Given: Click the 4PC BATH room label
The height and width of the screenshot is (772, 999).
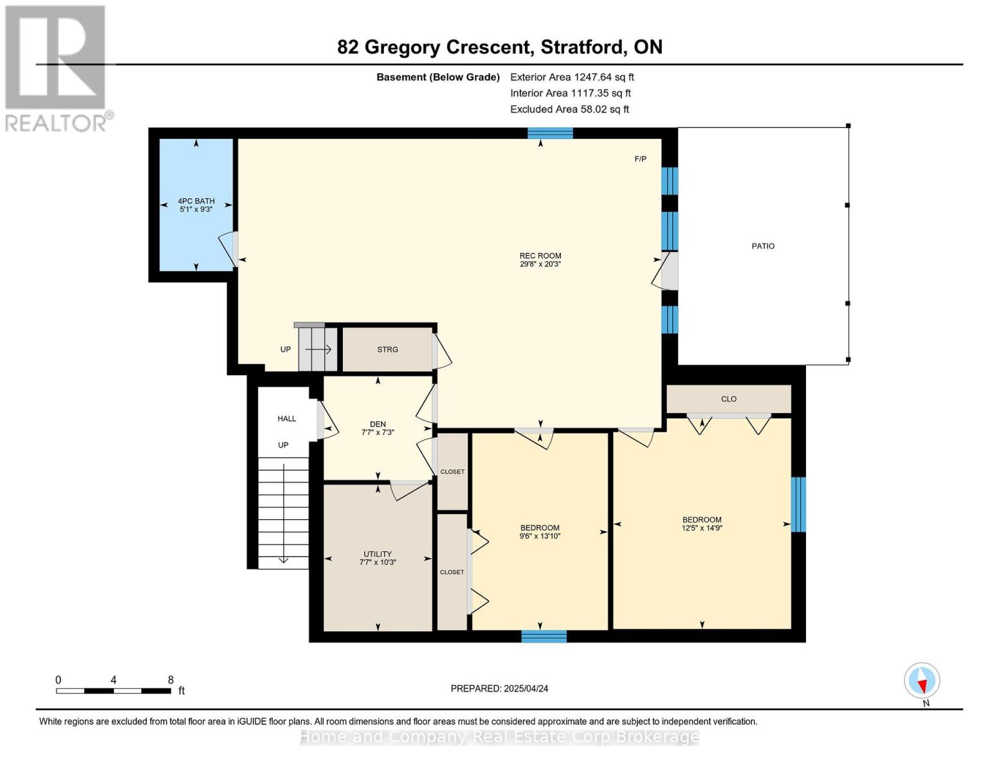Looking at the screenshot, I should (x=196, y=201).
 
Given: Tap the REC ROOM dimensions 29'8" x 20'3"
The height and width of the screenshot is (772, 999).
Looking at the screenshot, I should (x=540, y=264).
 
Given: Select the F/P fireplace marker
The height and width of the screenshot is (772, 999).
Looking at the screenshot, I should (x=640, y=159).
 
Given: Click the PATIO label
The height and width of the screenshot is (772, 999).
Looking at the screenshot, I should (x=763, y=246).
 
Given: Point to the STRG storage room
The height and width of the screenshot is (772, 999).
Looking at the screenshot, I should (x=387, y=349).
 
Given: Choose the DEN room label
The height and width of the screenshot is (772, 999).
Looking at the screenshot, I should (x=378, y=424).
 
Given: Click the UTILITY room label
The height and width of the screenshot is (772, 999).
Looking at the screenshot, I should (x=378, y=554).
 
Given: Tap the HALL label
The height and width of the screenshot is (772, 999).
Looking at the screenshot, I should (x=287, y=419).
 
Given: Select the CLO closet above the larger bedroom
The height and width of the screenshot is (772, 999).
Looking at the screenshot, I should (x=728, y=399).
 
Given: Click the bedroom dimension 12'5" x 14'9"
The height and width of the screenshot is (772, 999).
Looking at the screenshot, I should (x=702, y=528).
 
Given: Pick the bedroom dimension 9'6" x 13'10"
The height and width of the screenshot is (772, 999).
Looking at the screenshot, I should (x=540, y=536).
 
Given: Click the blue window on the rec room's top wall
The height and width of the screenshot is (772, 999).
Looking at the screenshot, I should (x=550, y=133).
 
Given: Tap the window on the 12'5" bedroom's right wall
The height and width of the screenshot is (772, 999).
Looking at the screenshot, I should (x=798, y=504).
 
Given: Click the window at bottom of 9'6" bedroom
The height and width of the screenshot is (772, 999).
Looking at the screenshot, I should (x=544, y=636).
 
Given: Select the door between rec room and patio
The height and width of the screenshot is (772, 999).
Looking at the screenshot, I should (x=667, y=271).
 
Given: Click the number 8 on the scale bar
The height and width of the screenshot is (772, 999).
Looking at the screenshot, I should (x=170, y=680).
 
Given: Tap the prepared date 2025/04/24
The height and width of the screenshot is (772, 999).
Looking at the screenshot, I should (x=526, y=688).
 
